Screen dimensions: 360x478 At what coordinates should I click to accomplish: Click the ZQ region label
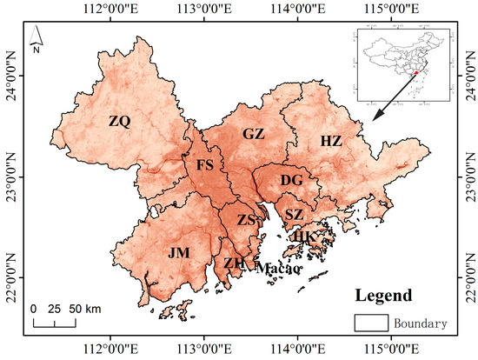(x=119, y=123)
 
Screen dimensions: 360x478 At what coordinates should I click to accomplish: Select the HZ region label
(x=331, y=141)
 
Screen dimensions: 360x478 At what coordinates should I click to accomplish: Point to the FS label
(x=205, y=165)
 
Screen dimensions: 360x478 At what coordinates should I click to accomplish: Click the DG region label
(x=292, y=180)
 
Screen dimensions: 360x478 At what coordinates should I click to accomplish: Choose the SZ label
(x=295, y=214)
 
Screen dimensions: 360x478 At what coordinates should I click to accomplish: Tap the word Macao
(x=278, y=269)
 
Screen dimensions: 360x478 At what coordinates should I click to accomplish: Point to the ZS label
(x=247, y=221)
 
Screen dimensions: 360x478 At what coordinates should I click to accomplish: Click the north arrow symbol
(x=37, y=38)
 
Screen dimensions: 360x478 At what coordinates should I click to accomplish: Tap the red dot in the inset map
(x=417, y=73)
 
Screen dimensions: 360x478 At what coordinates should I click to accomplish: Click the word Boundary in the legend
(x=420, y=323)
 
